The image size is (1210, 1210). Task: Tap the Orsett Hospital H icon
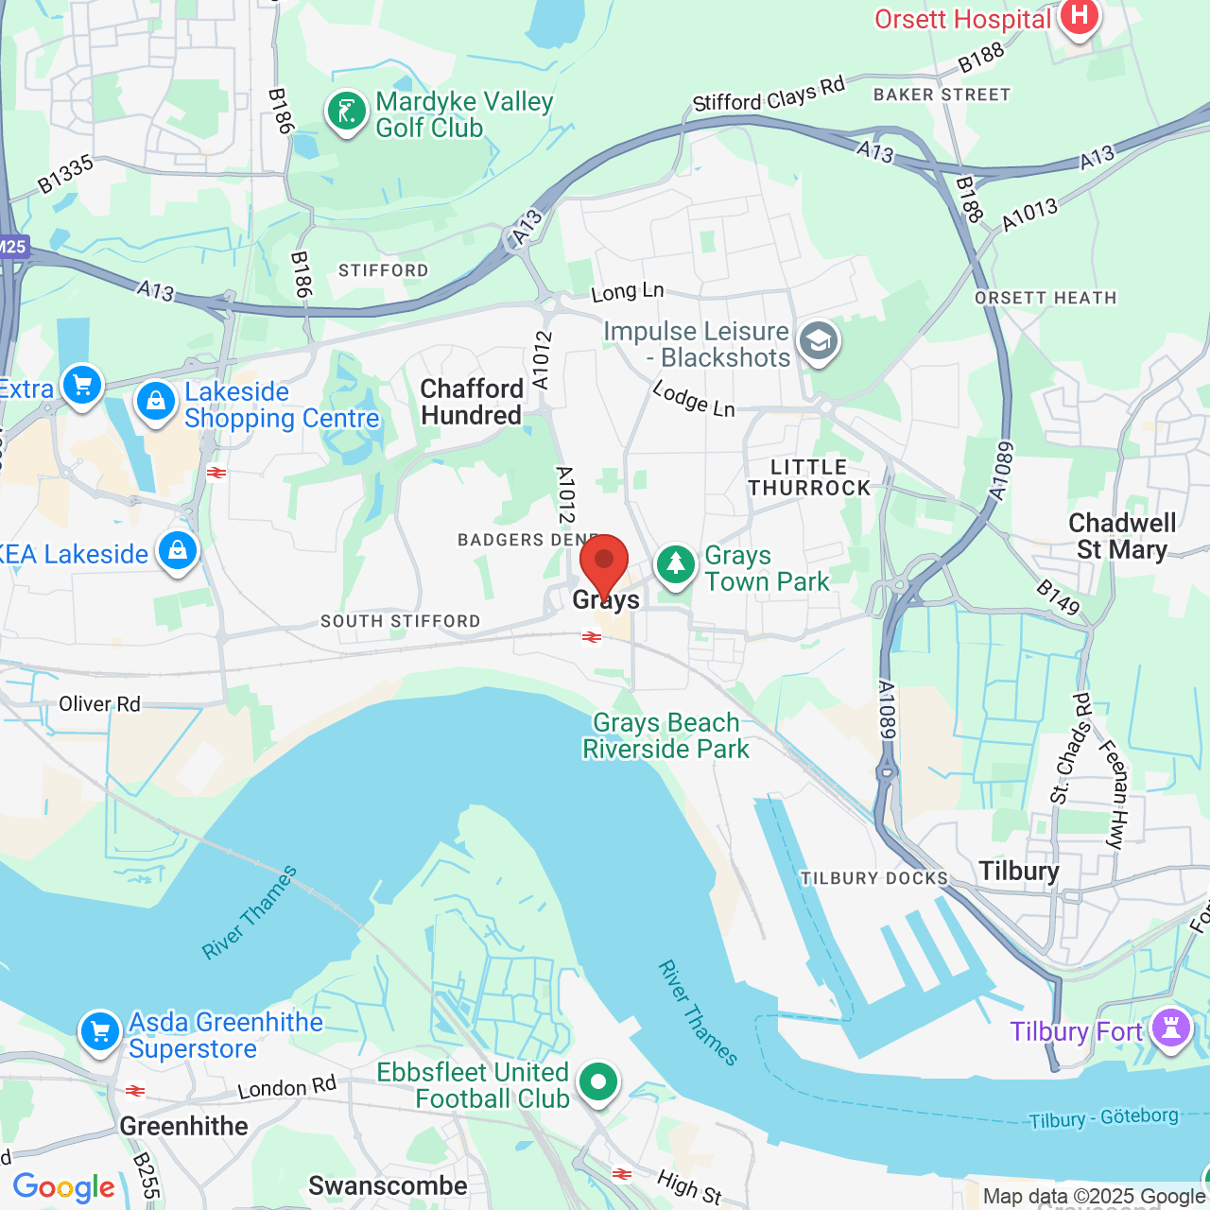pos(1078,15)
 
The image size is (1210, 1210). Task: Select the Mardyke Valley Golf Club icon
pos(347,112)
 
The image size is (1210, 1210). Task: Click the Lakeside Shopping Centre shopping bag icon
pos(156,402)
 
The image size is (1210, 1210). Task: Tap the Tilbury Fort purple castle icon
pos(1171,1028)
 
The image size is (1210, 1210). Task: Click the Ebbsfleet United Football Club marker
pos(597,1080)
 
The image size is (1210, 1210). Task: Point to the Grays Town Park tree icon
pos(675,564)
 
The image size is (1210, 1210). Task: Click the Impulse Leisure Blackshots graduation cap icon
pos(819,341)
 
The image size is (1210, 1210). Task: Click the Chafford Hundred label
pos(471,402)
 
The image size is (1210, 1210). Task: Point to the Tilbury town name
pos(1018,871)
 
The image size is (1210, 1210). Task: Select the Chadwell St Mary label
pos(1121,536)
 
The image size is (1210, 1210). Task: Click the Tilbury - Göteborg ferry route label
pos(1102,1118)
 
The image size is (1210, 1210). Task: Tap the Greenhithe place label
pos(183,1126)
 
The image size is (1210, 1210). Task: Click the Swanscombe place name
pos(388,1185)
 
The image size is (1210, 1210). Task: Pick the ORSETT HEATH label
pos(1046,298)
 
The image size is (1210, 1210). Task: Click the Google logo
pos(63,1187)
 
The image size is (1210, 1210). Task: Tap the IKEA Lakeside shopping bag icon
pos(178,549)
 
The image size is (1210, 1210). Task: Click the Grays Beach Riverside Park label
pos(665,735)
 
